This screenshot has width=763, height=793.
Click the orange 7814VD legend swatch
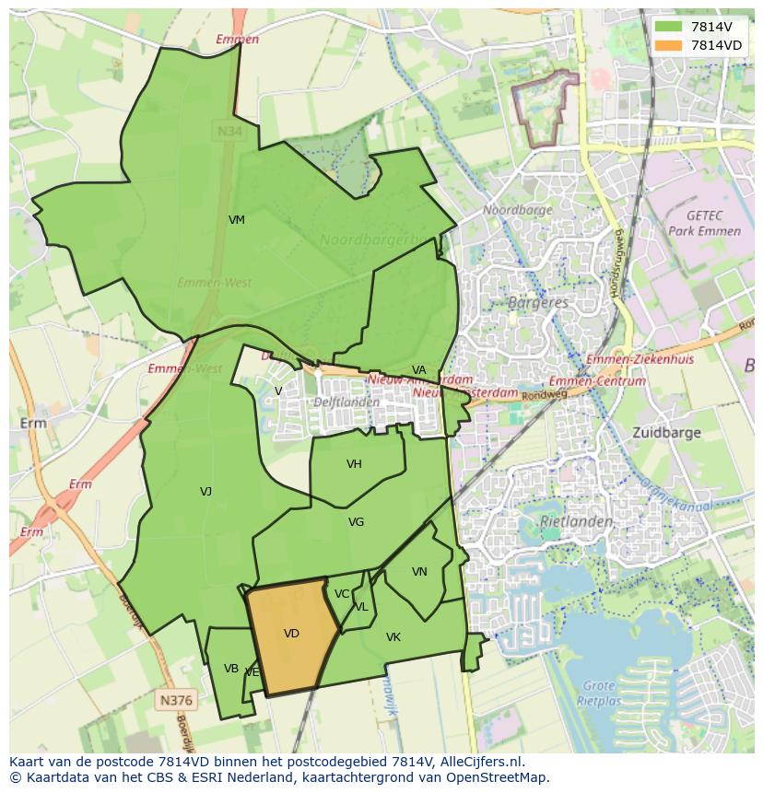coord(670,45)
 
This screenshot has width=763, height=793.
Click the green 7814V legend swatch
coord(670,27)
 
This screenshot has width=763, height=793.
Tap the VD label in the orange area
coord(291,634)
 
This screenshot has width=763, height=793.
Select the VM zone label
coord(237,220)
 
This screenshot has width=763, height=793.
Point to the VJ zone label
coord(205,492)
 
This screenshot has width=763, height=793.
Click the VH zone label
coord(354,464)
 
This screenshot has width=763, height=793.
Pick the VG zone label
coord(356,522)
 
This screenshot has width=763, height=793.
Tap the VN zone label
coord(419,572)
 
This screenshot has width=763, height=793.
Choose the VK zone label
coord(393,637)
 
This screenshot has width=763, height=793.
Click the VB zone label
coord(231,669)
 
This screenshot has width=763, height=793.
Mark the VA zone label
coord(419,370)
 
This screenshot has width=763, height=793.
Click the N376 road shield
coord(175,700)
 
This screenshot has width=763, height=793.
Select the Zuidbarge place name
coord(666,432)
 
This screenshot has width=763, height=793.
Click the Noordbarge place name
coord(518,210)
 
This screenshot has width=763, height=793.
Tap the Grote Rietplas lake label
coord(600,692)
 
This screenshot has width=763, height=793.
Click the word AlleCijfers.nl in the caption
coord(479,762)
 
